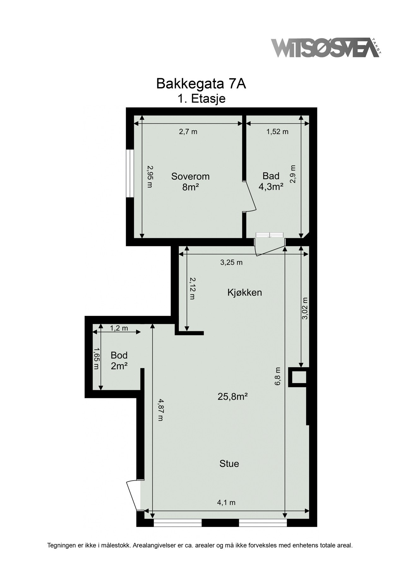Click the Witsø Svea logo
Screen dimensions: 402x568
tap(327, 48)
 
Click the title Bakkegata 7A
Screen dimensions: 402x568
tap(201, 84)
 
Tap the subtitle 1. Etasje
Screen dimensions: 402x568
tap(201, 99)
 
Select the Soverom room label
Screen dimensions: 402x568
tap(190, 176)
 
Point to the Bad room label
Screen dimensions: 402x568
tap(271, 176)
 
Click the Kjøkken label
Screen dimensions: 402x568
tap(245, 293)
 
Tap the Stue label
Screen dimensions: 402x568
tap(229, 464)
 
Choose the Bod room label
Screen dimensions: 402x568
tap(119, 355)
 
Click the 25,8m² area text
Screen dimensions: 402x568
tap(232, 397)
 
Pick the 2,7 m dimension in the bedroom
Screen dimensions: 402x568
tap(188, 132)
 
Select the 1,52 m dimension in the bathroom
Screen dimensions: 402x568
tap(278, 132)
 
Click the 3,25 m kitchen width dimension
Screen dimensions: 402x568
tap(231, 262)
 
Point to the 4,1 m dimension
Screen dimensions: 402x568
tap(226, 502)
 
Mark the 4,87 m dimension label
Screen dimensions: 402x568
tap(161, 410)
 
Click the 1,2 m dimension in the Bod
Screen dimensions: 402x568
tap(119, 328)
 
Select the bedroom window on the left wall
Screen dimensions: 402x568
tap(129, 173)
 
